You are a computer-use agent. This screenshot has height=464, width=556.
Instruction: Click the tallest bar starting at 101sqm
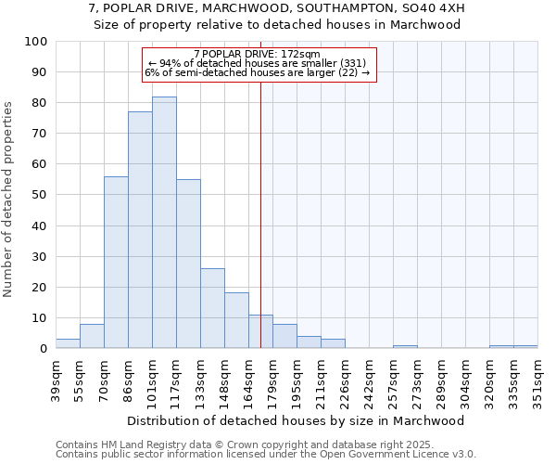(164, 223)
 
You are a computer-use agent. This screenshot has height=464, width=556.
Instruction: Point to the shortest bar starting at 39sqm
(68, 343)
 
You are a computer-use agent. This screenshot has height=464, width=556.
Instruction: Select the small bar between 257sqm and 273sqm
(405, 346)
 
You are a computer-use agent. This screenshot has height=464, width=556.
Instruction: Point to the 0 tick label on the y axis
(43, 348)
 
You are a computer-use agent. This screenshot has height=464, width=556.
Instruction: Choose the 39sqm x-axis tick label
(56, 380)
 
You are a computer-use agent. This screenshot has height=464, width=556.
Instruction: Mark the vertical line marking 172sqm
(260, 213)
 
